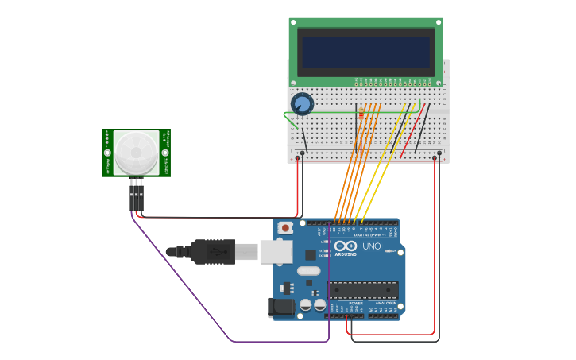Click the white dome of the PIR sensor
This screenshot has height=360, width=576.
click(x=136, y=153)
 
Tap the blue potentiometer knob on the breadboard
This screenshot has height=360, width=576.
click(x=302, y=103)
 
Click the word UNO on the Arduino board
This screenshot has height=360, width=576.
click(x=372, y=246)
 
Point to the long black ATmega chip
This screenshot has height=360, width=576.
click(x=362, y=290)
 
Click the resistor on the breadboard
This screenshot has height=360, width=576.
click(x=361, y=113)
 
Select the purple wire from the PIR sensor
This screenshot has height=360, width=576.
click(x=230, y=340)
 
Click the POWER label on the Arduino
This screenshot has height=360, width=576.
click(x=355, y=303)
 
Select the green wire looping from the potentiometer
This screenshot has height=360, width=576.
click(x=290, y=120)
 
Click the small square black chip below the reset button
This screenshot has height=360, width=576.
click(x=309, y=254)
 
